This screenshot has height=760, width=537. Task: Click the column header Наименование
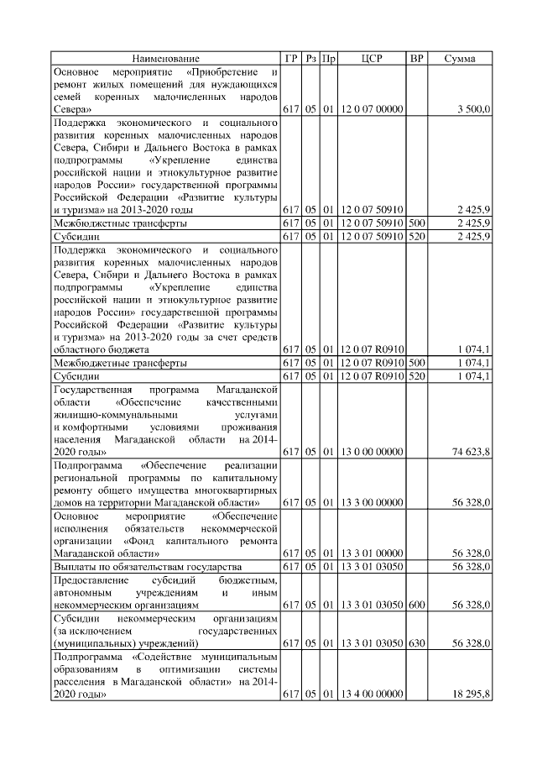tap(165, 58)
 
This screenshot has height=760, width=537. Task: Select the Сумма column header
tap(460, 58)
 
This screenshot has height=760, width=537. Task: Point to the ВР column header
tap(416, 58)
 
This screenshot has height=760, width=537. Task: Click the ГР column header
tap(291, 58)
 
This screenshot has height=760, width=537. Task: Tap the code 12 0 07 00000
tap(372, 109)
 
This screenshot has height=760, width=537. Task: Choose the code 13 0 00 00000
tap(372, 452)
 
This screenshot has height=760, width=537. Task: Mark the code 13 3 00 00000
tap(372, 502)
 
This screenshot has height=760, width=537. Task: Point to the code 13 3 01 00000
tap(372, 553)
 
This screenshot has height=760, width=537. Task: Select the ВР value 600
tap(416, 605)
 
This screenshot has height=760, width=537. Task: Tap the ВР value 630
tap(416, 643)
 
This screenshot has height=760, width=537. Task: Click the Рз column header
tap(310, 58)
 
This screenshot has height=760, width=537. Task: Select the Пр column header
tap(329, 58)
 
